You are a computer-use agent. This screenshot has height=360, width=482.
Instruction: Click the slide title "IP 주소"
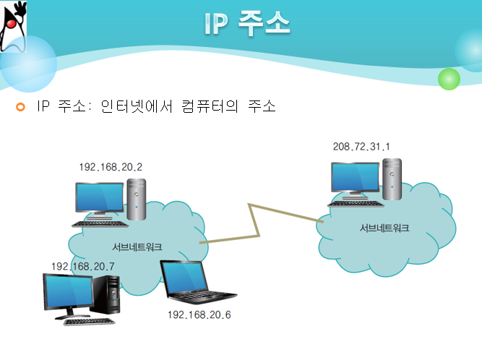tap(247, 25)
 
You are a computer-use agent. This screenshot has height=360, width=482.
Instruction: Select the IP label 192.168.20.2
tap(111, 168)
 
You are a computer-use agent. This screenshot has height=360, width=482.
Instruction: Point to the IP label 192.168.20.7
tap(83, 267)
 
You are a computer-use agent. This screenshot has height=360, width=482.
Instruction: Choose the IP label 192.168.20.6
tap(199, 315)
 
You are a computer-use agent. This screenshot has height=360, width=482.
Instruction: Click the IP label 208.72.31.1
tap(361, 147)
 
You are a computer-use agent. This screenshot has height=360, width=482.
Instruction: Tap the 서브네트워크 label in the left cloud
tap(137, 247)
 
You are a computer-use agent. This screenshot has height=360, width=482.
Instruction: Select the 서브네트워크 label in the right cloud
tap(384, 228)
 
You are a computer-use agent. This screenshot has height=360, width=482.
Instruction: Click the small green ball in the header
tap(449, 78)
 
